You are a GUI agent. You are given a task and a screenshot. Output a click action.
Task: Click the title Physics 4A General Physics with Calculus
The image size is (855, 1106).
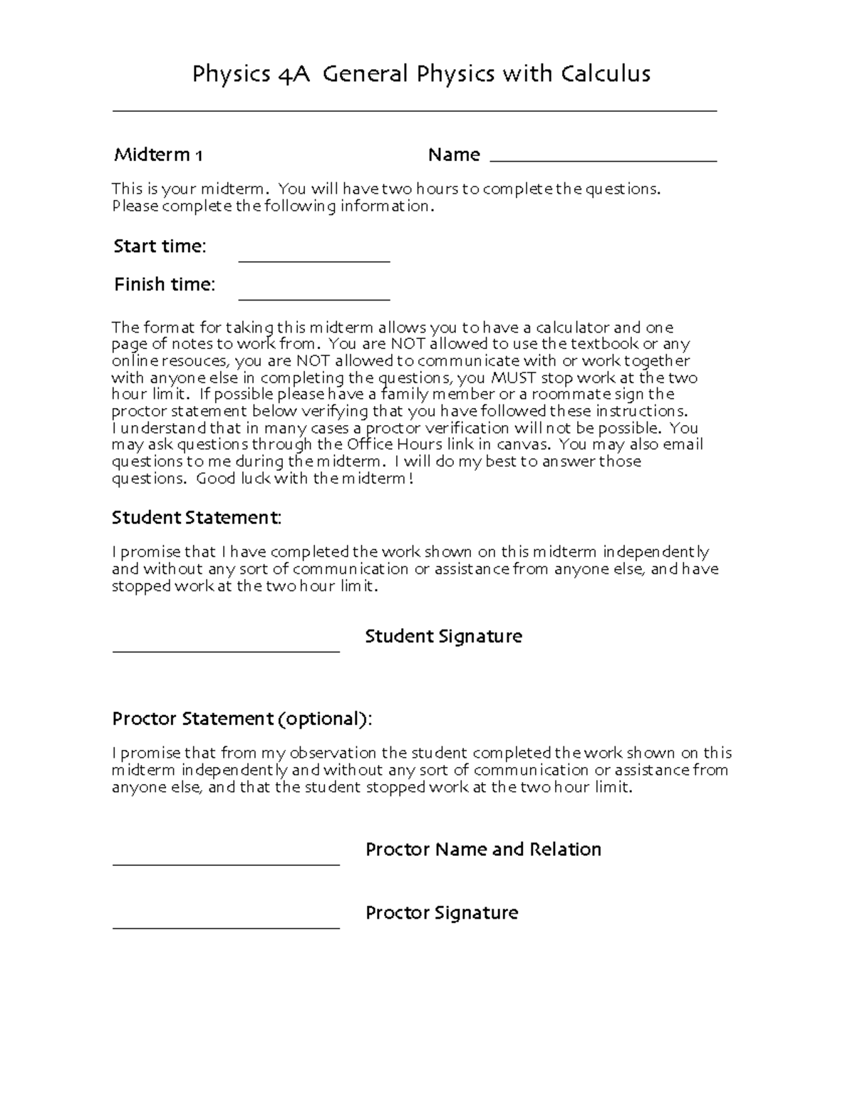point(421,74)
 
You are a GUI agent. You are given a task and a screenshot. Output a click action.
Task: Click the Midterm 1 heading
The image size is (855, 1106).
point(158,155)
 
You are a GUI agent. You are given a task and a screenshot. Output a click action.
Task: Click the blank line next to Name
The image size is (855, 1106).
point(603,161)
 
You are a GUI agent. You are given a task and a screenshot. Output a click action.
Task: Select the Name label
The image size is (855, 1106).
point(454,155)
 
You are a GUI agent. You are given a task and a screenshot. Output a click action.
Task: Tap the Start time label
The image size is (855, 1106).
point(160,246)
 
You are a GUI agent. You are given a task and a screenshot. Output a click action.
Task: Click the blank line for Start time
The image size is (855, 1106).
point(313,261)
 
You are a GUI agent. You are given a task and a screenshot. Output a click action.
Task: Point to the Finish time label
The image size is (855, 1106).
point(165,285)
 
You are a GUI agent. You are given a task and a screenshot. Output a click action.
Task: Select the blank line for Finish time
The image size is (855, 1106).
point(313,299)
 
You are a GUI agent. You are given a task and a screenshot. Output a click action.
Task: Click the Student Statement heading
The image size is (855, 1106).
point(197,518)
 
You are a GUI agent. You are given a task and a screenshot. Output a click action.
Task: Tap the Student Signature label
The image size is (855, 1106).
point(443,637)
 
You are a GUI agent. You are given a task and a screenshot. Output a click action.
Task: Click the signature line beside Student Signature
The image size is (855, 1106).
point(226,650)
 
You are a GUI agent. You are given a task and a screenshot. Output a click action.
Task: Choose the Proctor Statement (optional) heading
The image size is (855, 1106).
point(242,719)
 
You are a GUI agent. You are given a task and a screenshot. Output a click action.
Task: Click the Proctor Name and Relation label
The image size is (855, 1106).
point(483,850)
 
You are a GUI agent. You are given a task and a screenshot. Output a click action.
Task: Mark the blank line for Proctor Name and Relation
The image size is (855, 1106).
point(226,864)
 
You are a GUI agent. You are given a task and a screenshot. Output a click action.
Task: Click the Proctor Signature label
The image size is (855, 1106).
point(441,913)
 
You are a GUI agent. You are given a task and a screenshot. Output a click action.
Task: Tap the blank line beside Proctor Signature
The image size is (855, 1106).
point(226,928)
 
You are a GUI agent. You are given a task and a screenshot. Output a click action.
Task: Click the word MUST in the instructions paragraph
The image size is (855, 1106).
point(514,378)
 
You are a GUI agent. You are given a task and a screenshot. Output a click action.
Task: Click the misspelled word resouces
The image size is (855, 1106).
point(197,361)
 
